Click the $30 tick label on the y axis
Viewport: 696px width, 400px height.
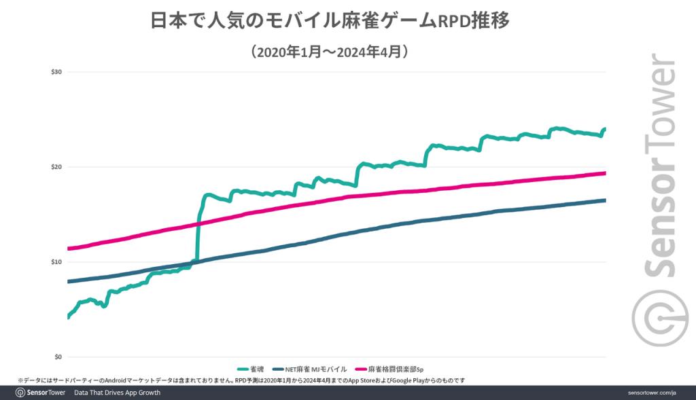coord(57,72)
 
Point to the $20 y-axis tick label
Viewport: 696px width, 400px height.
coord(57,167)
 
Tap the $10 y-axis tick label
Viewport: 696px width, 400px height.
coord(57,262)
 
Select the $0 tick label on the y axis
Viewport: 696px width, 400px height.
coord(58,357)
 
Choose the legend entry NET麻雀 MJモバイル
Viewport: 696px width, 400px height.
coord(310,369)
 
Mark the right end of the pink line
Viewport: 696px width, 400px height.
coord(604,173)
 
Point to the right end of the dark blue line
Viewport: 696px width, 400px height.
coord(604,200)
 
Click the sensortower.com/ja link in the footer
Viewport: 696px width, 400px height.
coord(651,393)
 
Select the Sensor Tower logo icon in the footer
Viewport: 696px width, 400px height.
coord(20,393)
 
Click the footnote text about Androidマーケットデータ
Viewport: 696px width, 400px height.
coord(241,381)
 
